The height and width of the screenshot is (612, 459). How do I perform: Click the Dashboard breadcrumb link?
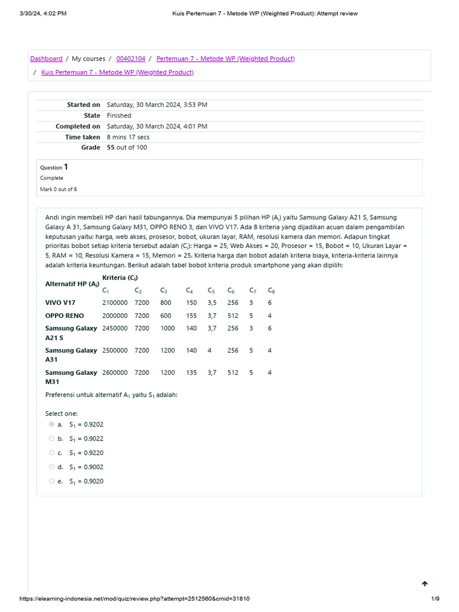tap(46, 59)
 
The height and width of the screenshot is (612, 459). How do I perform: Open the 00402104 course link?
tap(130, 59)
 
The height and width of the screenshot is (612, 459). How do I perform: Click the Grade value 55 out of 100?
tap(127, 148)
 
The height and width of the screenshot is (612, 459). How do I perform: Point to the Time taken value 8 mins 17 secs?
tap(128, 137)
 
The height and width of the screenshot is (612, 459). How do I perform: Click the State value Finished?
tap(119, 115)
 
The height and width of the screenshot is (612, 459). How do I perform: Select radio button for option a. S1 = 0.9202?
tap(51, 424)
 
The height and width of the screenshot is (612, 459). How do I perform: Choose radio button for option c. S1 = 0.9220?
tap(51, 452)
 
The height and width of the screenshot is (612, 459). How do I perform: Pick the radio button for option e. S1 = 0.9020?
tap(51, 481)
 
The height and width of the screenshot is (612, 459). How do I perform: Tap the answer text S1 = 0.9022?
tap(86, 439)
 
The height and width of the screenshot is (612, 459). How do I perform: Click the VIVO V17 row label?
tap(60, 303)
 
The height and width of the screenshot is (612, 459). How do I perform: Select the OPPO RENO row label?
tap(65, 316)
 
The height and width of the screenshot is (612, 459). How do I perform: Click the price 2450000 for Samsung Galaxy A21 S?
tap(115, 328)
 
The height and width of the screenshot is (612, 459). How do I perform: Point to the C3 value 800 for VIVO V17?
tap(166, 303)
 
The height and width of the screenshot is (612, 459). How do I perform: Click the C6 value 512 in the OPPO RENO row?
tap(232, 316)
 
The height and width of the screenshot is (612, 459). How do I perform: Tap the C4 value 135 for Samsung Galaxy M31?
tap(191, 372)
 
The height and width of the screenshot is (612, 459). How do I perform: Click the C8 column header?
tap(271, 290)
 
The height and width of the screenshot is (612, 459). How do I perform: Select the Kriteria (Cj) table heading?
tap(120, 277)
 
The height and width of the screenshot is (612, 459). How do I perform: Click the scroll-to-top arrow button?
tap(425, 583)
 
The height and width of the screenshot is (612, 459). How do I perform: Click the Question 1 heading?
tap(54, 167)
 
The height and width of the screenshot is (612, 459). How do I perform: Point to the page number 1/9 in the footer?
tap(435, 599)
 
